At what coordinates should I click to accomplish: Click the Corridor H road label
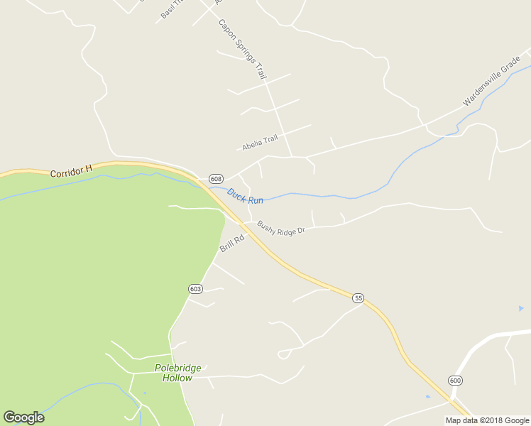72,171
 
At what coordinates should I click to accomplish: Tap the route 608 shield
216,178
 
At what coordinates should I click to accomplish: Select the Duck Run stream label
245,196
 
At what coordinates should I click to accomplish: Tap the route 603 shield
195,288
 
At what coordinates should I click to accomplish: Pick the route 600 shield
455,381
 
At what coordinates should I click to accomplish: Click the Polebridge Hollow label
177,373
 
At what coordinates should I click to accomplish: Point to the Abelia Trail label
259,143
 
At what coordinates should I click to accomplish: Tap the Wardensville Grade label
491,82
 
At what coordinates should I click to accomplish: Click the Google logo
23,417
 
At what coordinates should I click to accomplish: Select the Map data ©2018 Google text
488,420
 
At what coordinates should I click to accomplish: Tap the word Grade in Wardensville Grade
510,68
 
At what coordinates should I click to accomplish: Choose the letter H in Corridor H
89,169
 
